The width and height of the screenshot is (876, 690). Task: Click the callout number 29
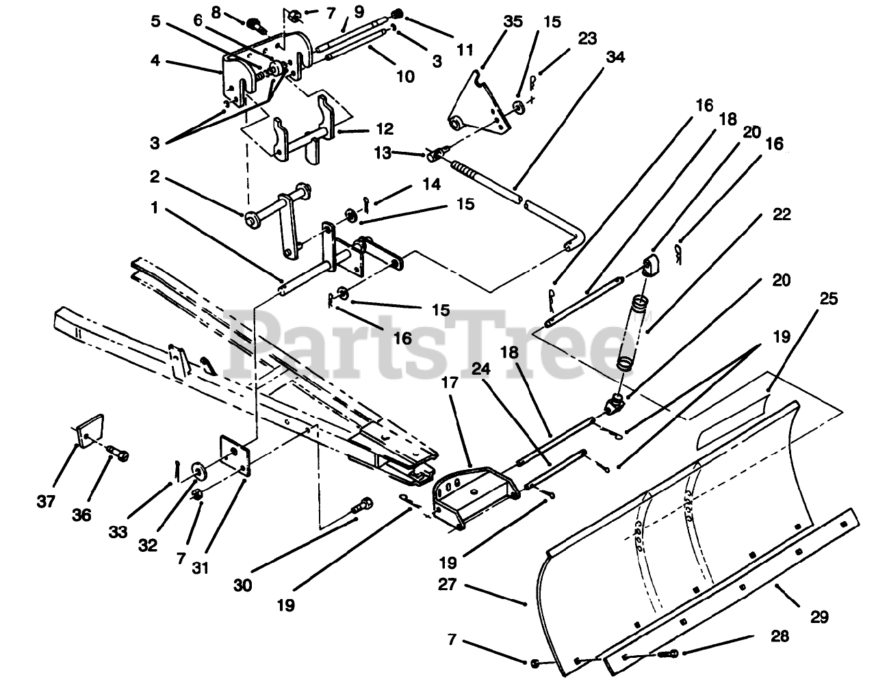[x=819, y=617]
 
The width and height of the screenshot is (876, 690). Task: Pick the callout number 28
[x=779, y=637]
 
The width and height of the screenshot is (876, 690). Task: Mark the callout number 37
[x=46, y=503]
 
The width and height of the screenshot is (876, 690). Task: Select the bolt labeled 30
[x=362, y=507]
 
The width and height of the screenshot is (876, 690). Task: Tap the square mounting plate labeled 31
[x=234, y=455]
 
